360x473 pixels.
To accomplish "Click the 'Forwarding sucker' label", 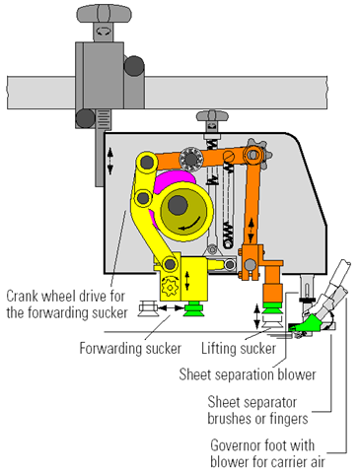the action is click(130, 348).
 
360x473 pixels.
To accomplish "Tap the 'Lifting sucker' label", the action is click(239, 348).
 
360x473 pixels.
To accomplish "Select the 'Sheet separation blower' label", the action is click(248, 374).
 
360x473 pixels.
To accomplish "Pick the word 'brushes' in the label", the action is click(230, 419).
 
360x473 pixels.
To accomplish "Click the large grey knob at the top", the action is click(104, 14).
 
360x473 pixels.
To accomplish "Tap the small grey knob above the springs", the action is click(212, 116).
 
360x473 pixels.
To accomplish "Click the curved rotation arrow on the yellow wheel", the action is click(190, 225).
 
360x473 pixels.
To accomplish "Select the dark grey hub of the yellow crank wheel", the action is click(178, 205).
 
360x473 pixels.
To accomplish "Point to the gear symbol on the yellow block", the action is click(170, 287).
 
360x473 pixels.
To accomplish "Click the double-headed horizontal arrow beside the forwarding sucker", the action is click(171, 308).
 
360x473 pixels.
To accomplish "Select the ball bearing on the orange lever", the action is click(190, 159).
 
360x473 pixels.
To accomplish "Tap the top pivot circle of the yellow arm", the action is click(147, 162).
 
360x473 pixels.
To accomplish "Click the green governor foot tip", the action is click(304, 324).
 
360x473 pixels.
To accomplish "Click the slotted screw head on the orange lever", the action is click(229, 156).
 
